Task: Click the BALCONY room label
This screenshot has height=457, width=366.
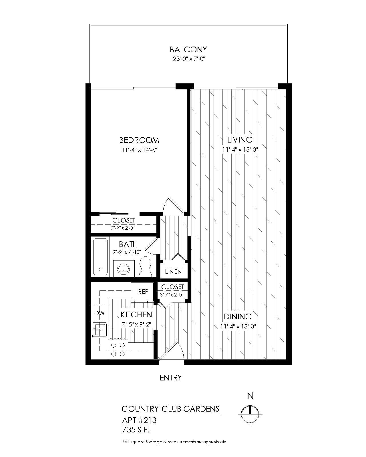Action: pos(188,49)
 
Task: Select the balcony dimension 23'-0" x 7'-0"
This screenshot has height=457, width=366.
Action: pos(188,59)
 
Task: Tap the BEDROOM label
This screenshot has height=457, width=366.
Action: pos(139,140)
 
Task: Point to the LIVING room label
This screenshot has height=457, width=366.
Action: pos(240,140)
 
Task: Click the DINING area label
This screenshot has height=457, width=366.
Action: pos(238,316)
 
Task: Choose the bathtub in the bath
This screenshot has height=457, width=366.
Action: pos(100,256)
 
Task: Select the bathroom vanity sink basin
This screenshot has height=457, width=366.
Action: pos(124,268)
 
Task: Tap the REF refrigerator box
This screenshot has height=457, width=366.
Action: pos(143,292)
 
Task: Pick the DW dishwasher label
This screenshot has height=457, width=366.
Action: pos(100,313)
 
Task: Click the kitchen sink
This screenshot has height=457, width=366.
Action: pos(99,330)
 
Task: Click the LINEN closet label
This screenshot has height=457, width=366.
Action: pos(173,271)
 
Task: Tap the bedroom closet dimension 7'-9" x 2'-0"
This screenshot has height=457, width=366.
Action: pos(124,228)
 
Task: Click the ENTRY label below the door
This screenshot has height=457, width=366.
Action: pos(170,378)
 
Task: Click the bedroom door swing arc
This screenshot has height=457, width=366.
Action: pos(169,205)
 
